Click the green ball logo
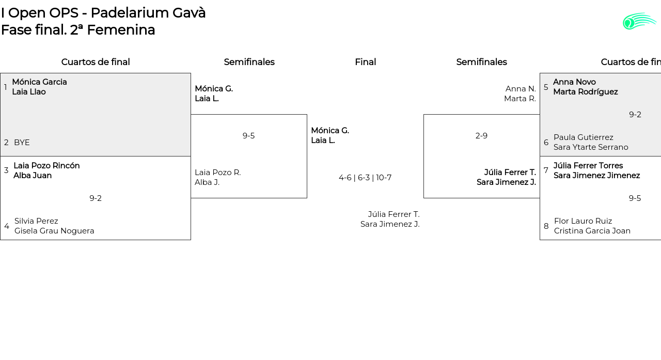pyautogui.click(x=639, y=21)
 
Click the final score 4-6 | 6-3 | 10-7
pyautogui.click(x=365, y=178)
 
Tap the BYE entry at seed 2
pyautogui.click(x=22, y=143)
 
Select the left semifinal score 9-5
pyautogui.click(x=248, y=136)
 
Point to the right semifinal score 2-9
pyautogui.click(x=481, y=136)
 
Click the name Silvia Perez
pyautogui.click(x=36, y=221)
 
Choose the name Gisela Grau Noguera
pyautogui.click(x=54, y=231)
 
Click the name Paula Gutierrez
pyautogui.click(x=584, y=137)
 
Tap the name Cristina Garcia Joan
pyautogui.click(x=592, y=231)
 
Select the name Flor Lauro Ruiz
pyautogui.click(x=583, y=221)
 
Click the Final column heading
pyautogui.click(x=365, y=62)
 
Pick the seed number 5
pyautogui.click(x=546, y=87)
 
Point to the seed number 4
pyautogui.click(x=7, y=226)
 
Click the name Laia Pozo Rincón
pyautogui.click(x=46, y=166)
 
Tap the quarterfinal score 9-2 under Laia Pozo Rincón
pyautogui.click(x=96, y=198)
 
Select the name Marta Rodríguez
pyautogui.click(x=585, y=92)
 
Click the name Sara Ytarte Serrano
pyautogui.click(x=591, y=147)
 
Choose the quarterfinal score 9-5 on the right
pyautogui.click(x=635, y=198)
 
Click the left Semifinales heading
pyautogui.click(x=249, y=62)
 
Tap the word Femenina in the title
pyautogui.click(x=120, y=30)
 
